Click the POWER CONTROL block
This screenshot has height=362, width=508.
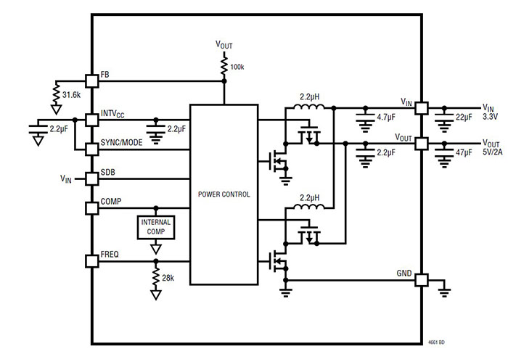click(x=224, y=194)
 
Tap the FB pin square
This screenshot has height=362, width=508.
click(x=91, y=81)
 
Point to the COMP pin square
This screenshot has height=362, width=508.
click(x=91, y=208)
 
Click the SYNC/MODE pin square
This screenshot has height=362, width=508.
click(x=91, y=148)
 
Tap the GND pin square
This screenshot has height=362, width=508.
click(x=420, y=280)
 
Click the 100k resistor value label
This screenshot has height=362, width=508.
click(x=237, y=67)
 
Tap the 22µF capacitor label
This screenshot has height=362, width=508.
click(x=462, y=118)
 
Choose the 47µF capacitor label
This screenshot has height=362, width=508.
click(x=462, y=154)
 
